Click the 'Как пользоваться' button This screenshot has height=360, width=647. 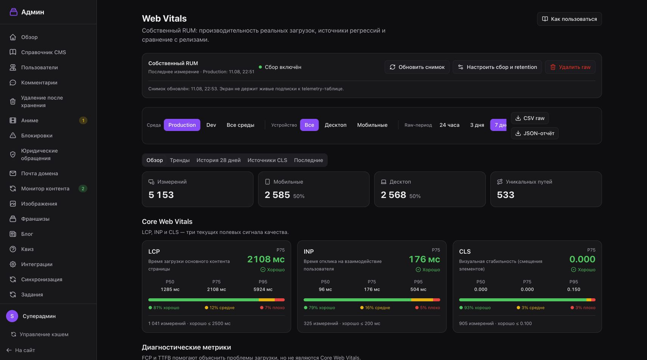(569, 19)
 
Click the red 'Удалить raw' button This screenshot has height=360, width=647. (570, 67)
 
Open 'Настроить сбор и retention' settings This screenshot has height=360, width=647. (497, 67)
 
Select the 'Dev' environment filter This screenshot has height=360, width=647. (211, 125)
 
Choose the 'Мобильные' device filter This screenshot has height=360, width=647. (372, 125)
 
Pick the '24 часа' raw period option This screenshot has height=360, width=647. (449, 125)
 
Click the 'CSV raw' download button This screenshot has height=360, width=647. (530, 118)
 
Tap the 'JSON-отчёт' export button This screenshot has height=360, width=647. (535, 133)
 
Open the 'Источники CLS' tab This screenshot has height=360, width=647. (267, 160)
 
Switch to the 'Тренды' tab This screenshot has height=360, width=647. (180, 160)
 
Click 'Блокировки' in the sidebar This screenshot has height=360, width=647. (37, 136)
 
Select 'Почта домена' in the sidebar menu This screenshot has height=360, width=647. (40, 173)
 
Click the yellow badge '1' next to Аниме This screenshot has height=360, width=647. (83, 120)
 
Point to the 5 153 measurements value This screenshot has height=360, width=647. (161, 195)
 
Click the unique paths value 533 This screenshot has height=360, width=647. (505, 195)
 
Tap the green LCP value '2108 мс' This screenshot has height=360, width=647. (266, 259)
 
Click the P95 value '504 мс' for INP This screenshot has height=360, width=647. (418, 289)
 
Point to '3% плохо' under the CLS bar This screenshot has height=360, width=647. (583, 308)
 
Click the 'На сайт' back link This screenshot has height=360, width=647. (21, 350)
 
